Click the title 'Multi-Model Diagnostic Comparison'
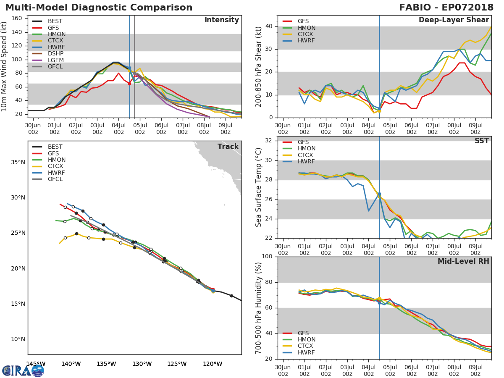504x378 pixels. point(99,8)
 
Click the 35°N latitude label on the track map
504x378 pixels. point(18,162)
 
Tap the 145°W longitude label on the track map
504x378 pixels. point(36,364)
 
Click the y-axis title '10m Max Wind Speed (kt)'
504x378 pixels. point(5,66)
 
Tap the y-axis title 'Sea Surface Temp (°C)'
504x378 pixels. point(259,187)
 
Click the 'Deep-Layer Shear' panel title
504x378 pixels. point(454,20)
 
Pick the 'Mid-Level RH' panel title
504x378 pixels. point(463,261)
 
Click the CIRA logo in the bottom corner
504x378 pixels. point(23,370)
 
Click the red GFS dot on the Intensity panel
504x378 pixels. point(129,84)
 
